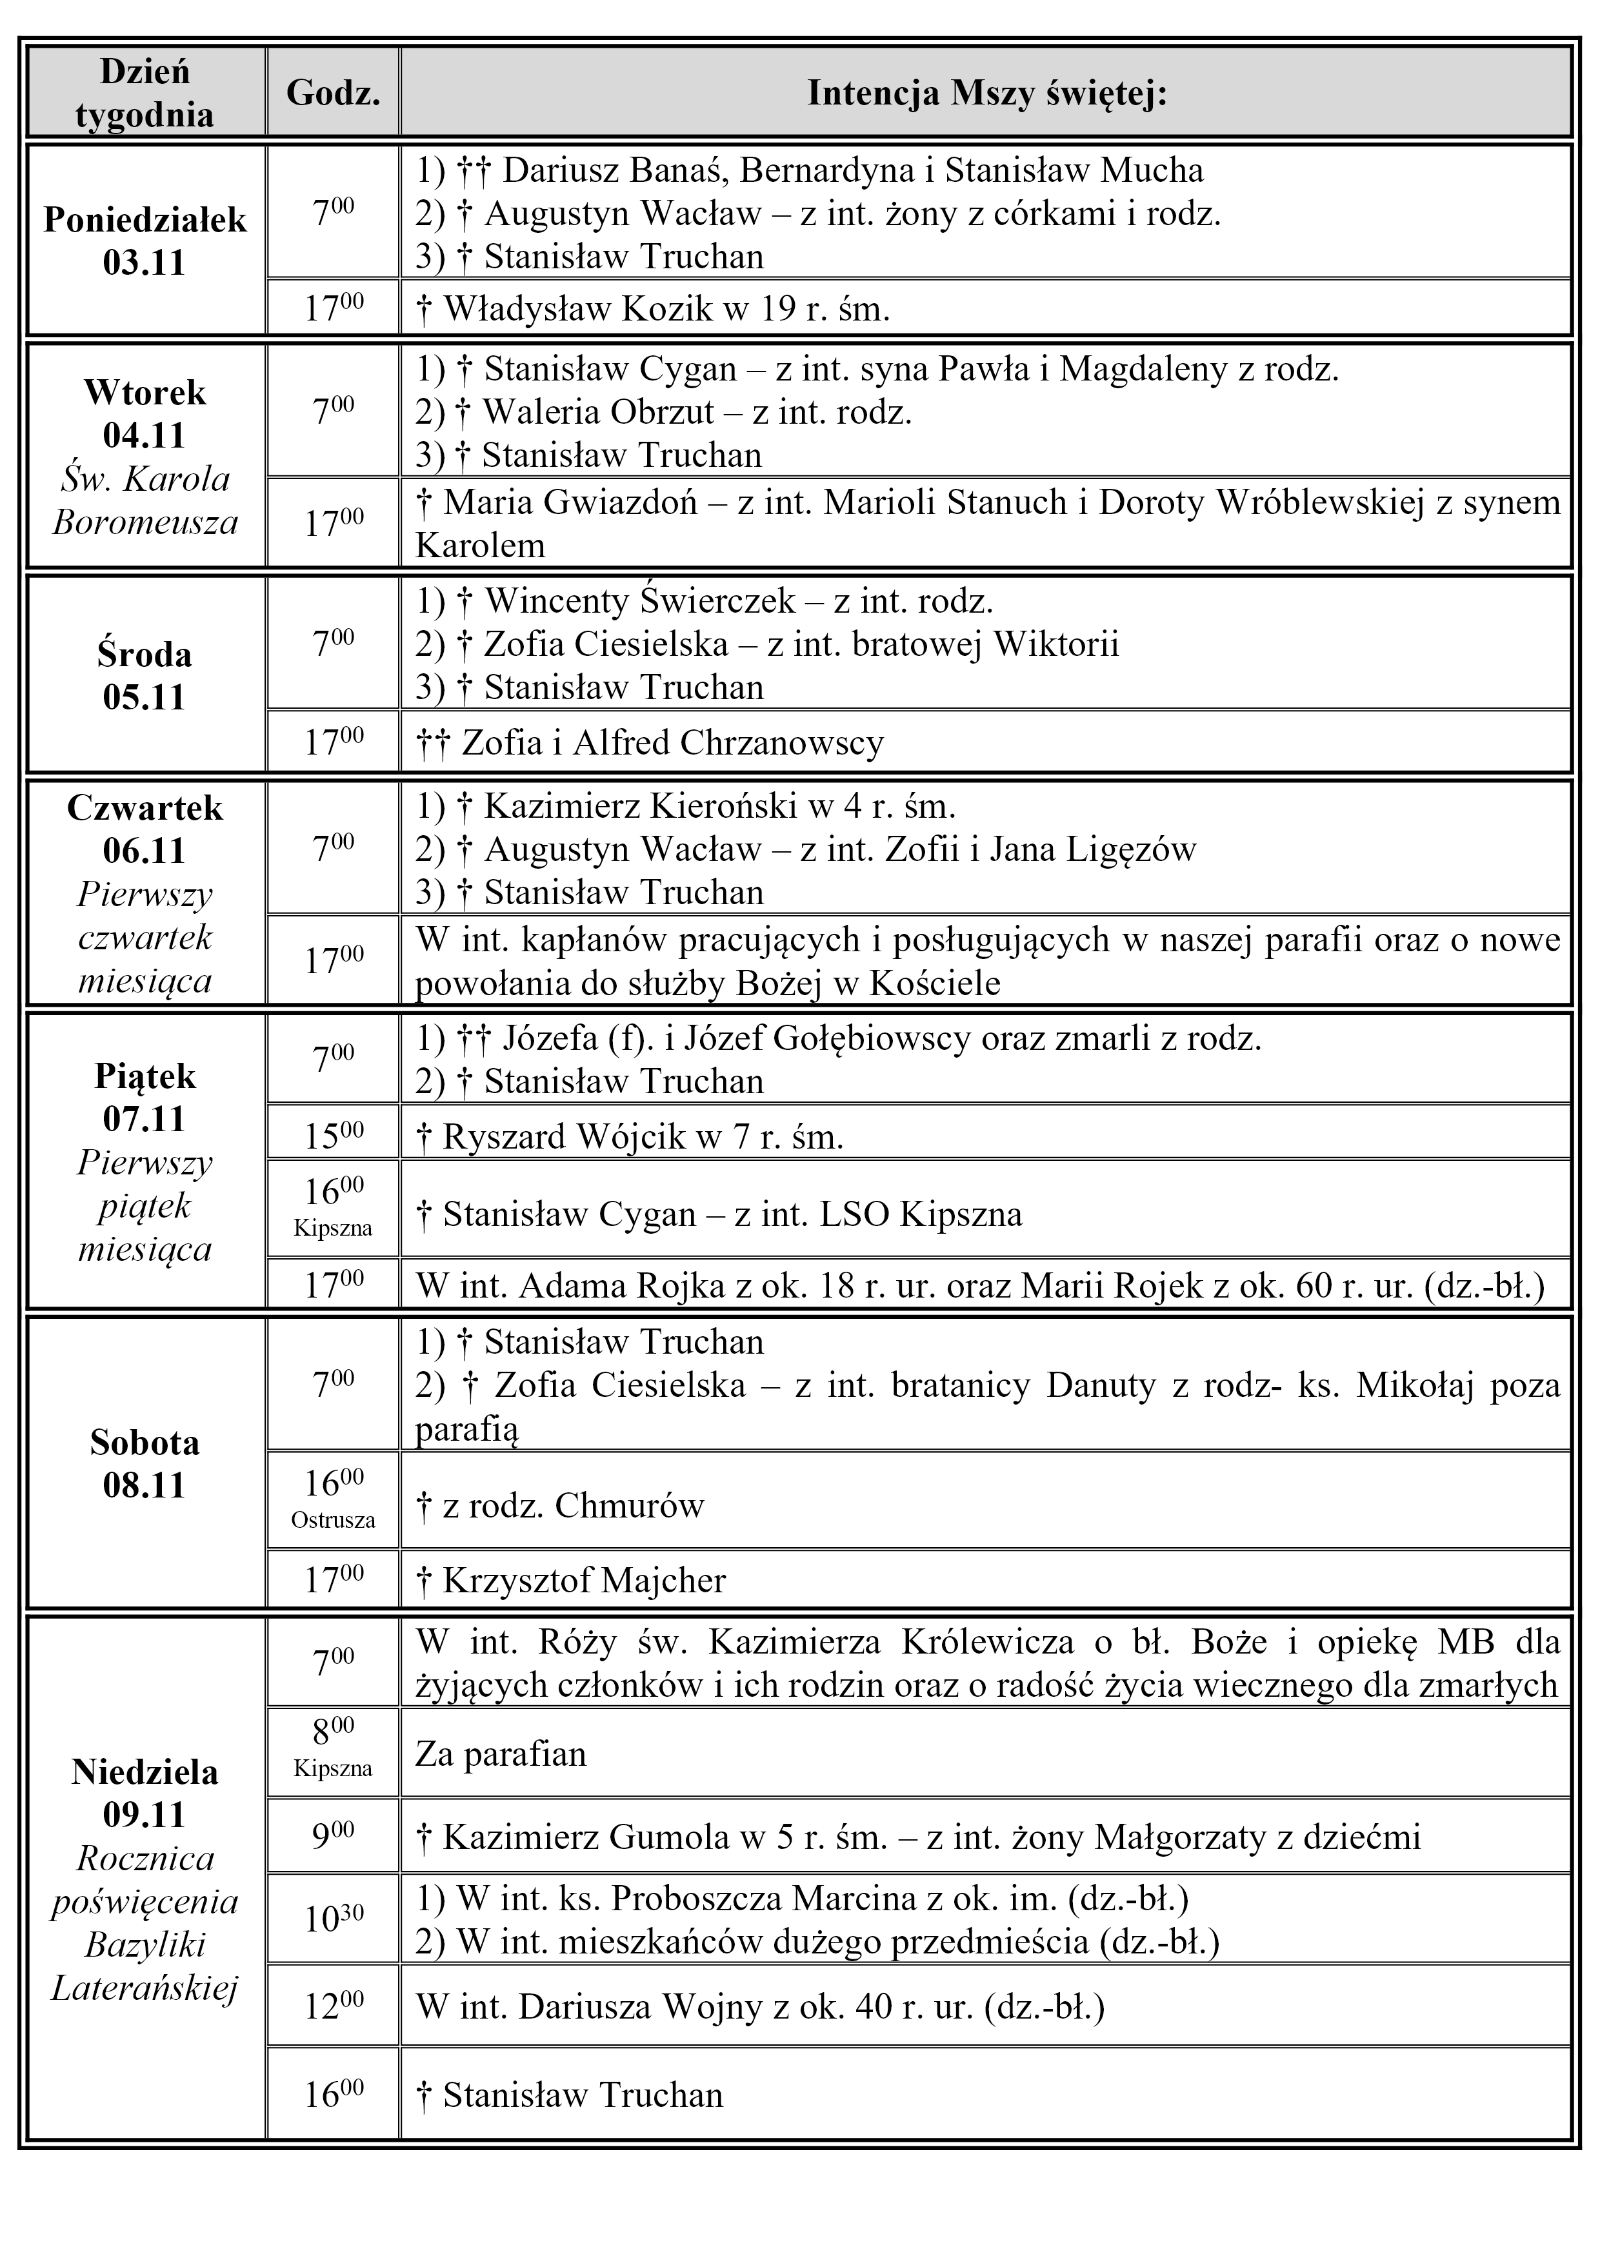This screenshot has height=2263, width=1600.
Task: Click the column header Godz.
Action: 332,93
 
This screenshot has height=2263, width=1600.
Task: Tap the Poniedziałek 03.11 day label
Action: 145,241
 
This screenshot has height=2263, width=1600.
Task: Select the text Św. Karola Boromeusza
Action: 145,500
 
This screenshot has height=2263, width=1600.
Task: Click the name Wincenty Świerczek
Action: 639,601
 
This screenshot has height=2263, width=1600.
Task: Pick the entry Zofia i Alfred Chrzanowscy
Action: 672,742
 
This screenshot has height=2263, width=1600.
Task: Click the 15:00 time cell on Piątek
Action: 333,1136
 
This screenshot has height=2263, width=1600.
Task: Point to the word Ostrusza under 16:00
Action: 333,1520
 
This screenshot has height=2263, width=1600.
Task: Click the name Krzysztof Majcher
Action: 584,1581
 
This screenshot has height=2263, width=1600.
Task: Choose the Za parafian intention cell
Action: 501,1754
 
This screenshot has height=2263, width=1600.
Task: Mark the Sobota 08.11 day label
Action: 145,1464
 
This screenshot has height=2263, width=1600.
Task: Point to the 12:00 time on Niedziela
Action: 333,2006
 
